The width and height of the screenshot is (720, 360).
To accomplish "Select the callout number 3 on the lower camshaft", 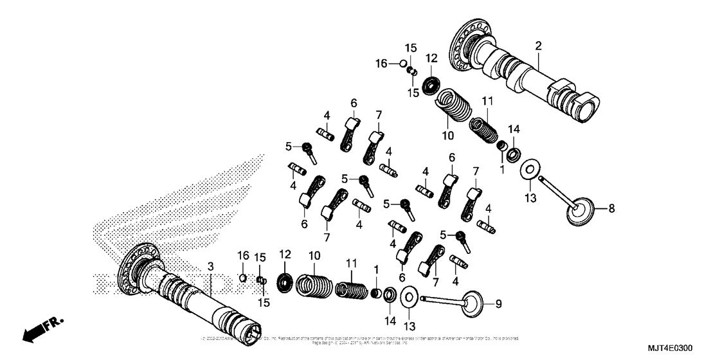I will (x=210, y=265).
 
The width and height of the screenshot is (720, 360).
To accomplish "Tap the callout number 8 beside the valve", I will (x=611, y=208).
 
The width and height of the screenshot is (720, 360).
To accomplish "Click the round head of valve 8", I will (x=582, y=213).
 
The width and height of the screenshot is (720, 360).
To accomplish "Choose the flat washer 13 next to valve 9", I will (x=409, y=298).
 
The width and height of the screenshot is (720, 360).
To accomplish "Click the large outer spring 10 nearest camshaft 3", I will (x=315, y=286).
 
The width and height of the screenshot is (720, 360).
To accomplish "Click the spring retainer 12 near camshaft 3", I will (x=283, y=282).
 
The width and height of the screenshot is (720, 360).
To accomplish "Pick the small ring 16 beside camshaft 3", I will (x=243, y=278).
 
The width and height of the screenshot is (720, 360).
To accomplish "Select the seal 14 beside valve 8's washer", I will (x=514, y=154).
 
